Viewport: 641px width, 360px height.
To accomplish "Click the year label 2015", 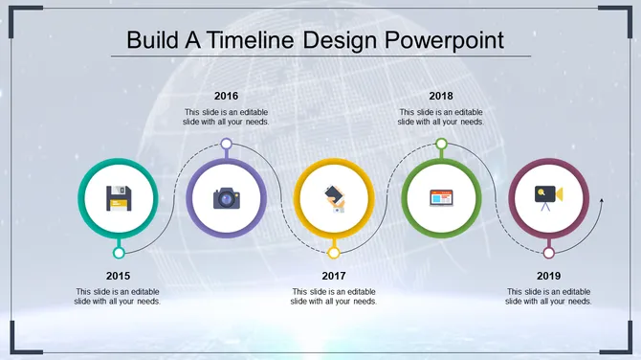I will [119, 276].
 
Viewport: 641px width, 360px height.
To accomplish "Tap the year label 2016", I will [227, 96].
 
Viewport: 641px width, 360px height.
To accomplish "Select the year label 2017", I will [334, 276].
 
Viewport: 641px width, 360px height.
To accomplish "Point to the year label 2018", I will [441, 96].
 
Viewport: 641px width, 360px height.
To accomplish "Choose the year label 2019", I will [549, 276].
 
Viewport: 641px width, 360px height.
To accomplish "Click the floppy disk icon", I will [119, 198].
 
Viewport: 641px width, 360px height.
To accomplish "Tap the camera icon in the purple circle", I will [227, 198].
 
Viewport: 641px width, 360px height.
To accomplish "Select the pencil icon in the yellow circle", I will [334, 198].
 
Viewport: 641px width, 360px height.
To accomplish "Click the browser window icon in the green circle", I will [441, 198].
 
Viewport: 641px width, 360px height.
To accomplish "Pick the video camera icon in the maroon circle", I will [548, 196].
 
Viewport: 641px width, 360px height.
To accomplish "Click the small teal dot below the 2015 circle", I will [119, 253].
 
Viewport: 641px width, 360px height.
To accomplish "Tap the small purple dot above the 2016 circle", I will [227, 144].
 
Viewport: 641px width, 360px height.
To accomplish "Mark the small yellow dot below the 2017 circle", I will [334, 253].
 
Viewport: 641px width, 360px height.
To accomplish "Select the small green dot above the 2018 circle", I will [441, 144].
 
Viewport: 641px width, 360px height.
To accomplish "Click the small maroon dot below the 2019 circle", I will [549, 253].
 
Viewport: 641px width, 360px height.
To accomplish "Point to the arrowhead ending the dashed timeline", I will [601, 201].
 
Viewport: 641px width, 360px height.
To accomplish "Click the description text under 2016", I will [227, 117].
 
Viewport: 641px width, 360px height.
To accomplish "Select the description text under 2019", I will [549, 296].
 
